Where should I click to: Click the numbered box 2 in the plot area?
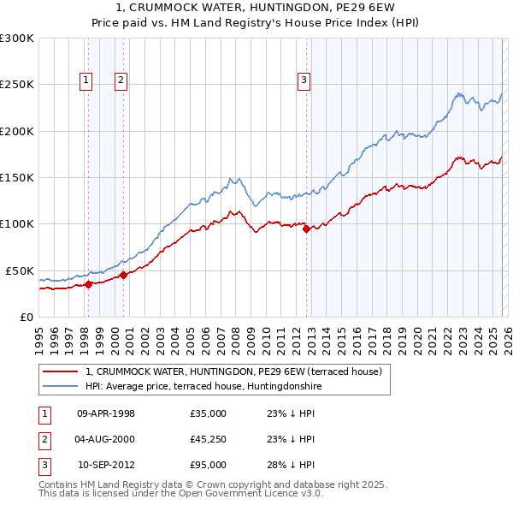pyautogui.click(x=121, y=80)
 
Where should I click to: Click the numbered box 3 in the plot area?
pyautogui.click(x=304, y=80)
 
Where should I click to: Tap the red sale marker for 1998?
pyautogui.click(x=88, y=284)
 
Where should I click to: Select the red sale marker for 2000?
pyautogui.click(x=123, y=275)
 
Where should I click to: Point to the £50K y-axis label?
pyautogui.click(x=19, y=270)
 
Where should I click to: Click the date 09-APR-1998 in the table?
pyautogui.click(x=106, y=413)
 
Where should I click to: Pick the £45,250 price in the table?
pyautogui.click(x=208, y=439)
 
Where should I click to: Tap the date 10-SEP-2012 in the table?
pyautogui.click(x=106, y=465)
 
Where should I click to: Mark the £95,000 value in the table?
pyautogui.click(x=208, y=465)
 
